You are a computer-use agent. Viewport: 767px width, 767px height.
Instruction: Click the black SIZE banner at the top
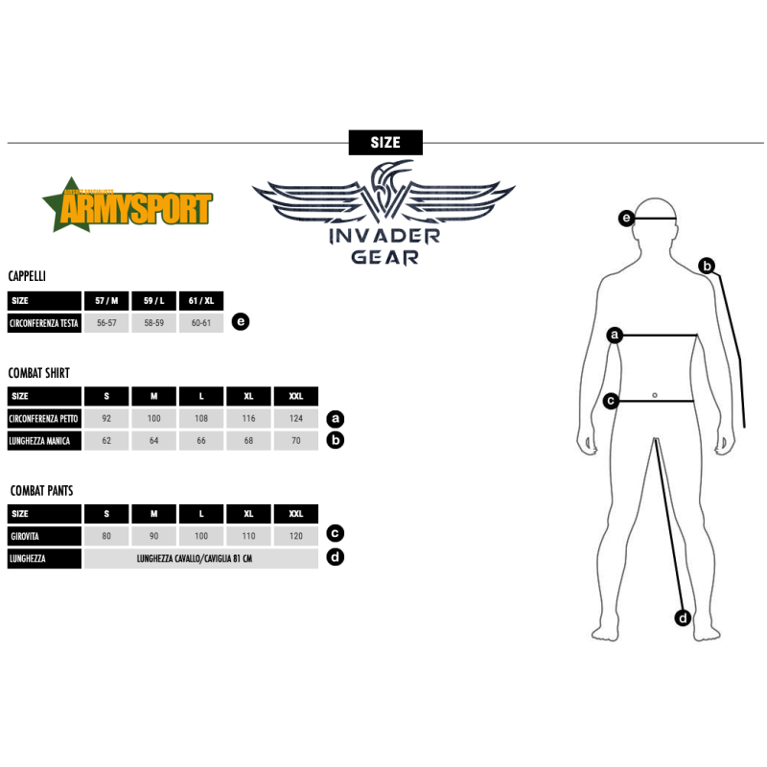pyautogui.click(x=384, y=142)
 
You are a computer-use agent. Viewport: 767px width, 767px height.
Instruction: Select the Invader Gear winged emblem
pyautogui.click(x=383, y=197)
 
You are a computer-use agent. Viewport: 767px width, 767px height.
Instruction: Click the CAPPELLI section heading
pyautogui.click(x=27, y=276)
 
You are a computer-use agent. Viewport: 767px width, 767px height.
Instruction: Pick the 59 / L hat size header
pyautogui.click(x=153, y=300)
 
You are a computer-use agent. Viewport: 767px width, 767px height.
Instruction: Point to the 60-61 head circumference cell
pyautogui.click(x=200, y=323)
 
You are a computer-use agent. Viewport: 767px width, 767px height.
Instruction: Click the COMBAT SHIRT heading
pyautogui.click(x=39, y=372)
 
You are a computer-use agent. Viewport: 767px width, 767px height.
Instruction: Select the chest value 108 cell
pyautogui.click(x=200, y=419)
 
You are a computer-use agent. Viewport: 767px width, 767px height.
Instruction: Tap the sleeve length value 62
pyautogui.click(x=106, y=441)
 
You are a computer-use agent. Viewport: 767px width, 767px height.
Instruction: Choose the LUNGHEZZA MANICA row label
pyautogui.click(x=44, y=441)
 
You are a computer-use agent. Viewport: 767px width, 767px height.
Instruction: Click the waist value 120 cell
pyautogui.click(x=295, y=536)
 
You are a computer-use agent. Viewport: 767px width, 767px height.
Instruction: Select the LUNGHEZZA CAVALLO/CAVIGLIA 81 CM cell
pyautogui.click(x=200, y=558)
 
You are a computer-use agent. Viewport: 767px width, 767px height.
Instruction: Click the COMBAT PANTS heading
pyautogui.click(x=40, y=490)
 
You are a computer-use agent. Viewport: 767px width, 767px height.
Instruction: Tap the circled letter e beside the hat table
pyautogui.click(x=241, y=322)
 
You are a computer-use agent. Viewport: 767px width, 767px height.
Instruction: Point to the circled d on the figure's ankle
pyautogui.click(x=683, y=617)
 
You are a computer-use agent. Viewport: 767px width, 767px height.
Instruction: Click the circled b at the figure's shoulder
pyautogui.click(x=707, y=267)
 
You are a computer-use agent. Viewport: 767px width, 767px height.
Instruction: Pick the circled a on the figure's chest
pyautogui.click(x=616, y=335)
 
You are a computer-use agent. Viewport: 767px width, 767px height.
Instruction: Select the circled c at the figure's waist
pyautogui.click(x=611, y=401)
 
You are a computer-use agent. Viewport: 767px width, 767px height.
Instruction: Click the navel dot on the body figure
pyautogui.click(x=653, y=394)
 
